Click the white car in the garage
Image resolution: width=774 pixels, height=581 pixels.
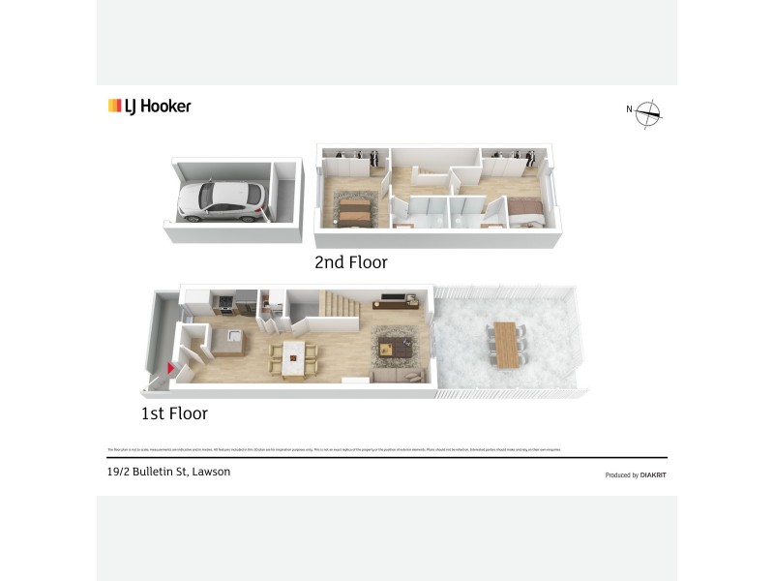tap(221, 199)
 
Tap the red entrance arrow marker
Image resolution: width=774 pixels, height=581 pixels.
tap(171, 368)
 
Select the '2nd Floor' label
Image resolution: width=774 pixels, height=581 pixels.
tap(351, 262)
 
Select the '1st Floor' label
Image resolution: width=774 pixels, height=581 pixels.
tap(174, 413)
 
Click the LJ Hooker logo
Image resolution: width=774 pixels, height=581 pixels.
tap(150, 107)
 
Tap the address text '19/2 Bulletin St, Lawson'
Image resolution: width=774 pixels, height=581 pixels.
tap(169, 473)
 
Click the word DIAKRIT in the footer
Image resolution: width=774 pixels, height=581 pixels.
tap(653, 475)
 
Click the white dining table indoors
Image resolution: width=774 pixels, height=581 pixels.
tap(293, 357)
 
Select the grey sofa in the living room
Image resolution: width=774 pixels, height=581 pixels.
tap(397, 375)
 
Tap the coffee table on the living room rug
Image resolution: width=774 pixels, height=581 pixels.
tap(395, 345)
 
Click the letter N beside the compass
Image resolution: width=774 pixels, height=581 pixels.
tap(629, 108)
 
